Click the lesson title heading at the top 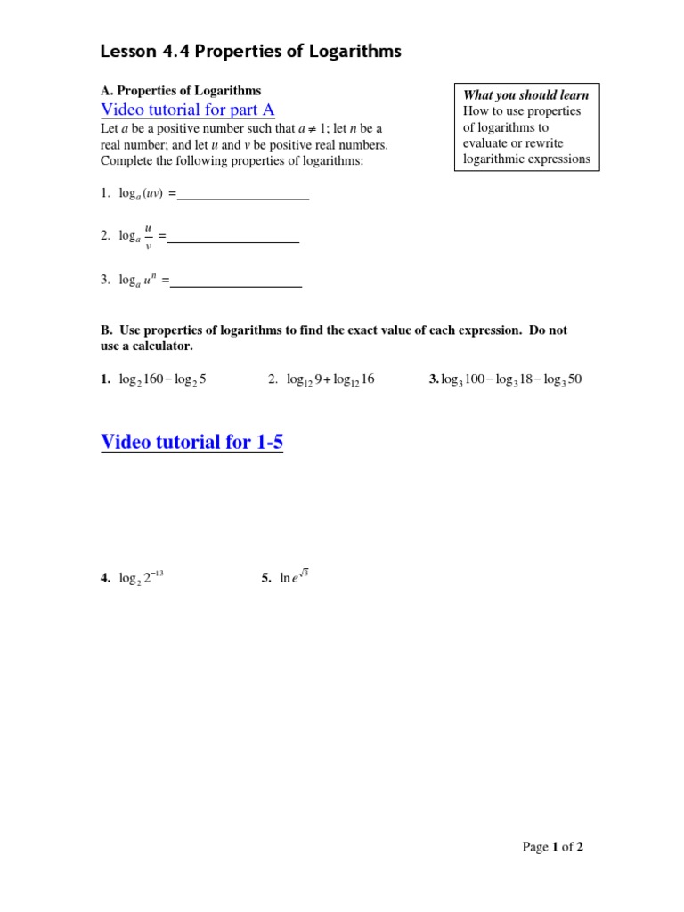click(251, 52)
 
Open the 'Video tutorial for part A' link click(188, 110)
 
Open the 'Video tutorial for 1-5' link click(192, 442)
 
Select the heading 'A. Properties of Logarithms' click(181, 91)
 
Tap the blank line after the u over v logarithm click(233, 241)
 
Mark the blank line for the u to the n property click(236, 286)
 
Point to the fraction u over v click(148, 236)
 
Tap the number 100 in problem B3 click(474, 379)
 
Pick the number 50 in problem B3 click(574, 379)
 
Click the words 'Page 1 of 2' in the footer click(552, 847)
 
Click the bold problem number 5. click(265, 578)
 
